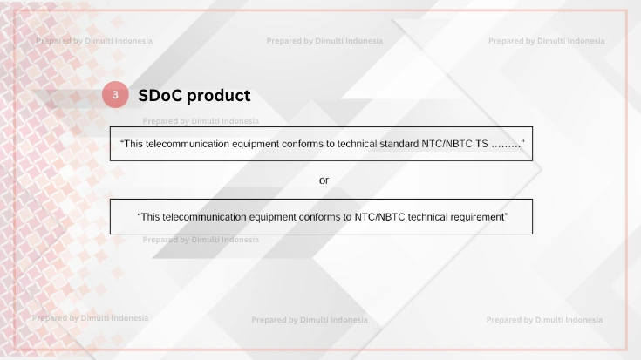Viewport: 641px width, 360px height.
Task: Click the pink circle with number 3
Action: click(115, 94)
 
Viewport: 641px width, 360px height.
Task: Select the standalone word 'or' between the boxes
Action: click(324, 180)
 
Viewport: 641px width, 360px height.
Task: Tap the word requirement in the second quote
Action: click(476, 216)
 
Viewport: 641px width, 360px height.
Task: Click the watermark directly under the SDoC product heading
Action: click(201, 121)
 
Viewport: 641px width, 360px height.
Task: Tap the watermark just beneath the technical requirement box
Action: click(201, 239)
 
